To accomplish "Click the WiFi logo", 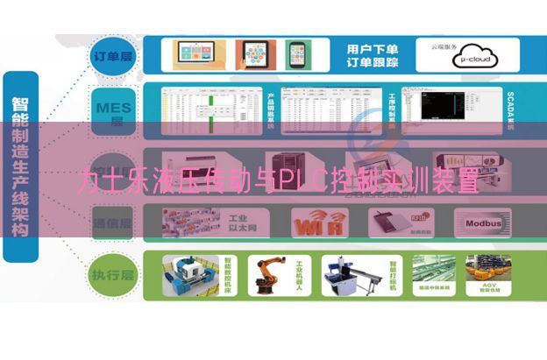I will click(319, 223).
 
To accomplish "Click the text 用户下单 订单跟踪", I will click(372, 54).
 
